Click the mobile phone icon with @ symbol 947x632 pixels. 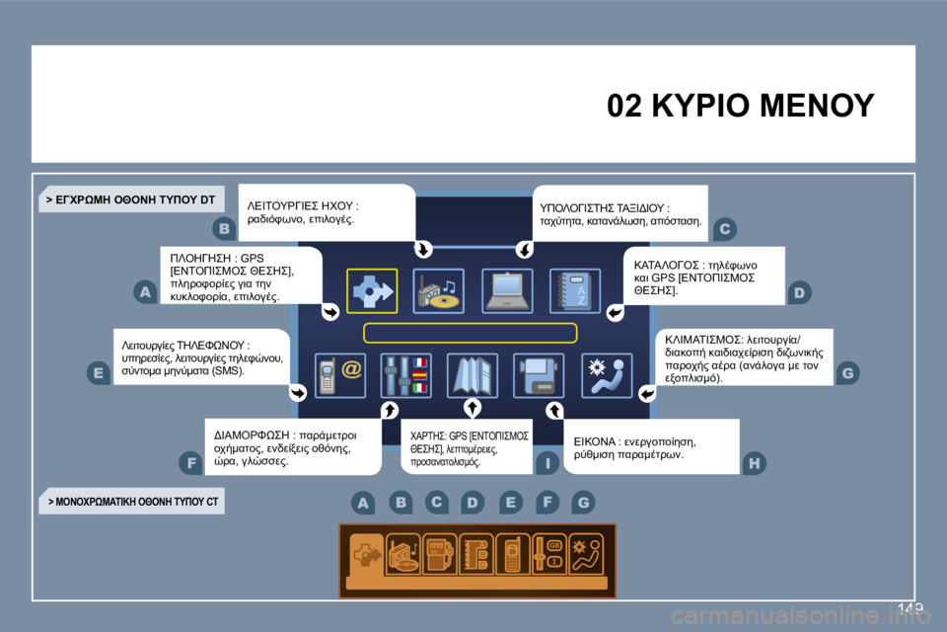(x=339, y=376)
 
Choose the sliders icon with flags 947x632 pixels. (x=406, y=376)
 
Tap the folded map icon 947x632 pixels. (x=473, y=376)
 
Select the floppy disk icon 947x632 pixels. (x=539, y=376)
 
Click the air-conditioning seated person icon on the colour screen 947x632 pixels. (x=606, y=376)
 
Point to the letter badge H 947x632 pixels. (x=755, y=461)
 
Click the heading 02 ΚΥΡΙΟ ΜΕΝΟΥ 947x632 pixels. (x=741, y=105)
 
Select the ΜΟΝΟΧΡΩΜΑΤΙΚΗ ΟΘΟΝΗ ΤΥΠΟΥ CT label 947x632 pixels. (x=133, y=502)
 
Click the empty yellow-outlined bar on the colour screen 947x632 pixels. (x=470, y=333)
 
